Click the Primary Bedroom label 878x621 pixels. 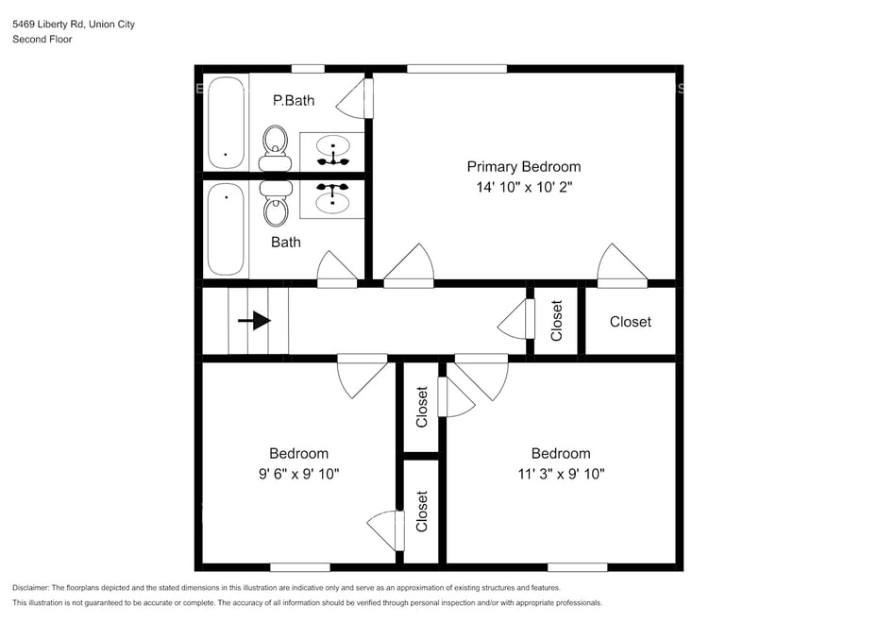524,167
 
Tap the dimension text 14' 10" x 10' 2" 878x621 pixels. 524,187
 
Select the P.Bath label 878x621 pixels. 294,100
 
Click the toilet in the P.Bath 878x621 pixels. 275,148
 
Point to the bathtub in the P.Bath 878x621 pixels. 227,122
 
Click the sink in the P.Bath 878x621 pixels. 332,151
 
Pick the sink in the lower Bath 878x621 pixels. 332,199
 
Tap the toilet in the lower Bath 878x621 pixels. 276,203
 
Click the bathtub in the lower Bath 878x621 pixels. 227,229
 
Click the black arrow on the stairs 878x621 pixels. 254,321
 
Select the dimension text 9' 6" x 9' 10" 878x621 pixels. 298,474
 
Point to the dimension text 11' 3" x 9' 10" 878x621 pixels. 561,474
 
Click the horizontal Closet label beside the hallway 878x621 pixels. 631,322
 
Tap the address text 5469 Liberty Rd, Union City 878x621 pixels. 74,25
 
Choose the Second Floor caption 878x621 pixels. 42,40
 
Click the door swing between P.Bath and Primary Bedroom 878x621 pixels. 354,98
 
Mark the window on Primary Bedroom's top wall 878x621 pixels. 457,69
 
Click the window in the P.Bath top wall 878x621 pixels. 308,69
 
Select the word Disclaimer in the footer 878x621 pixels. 31,588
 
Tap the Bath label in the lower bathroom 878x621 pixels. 285,242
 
